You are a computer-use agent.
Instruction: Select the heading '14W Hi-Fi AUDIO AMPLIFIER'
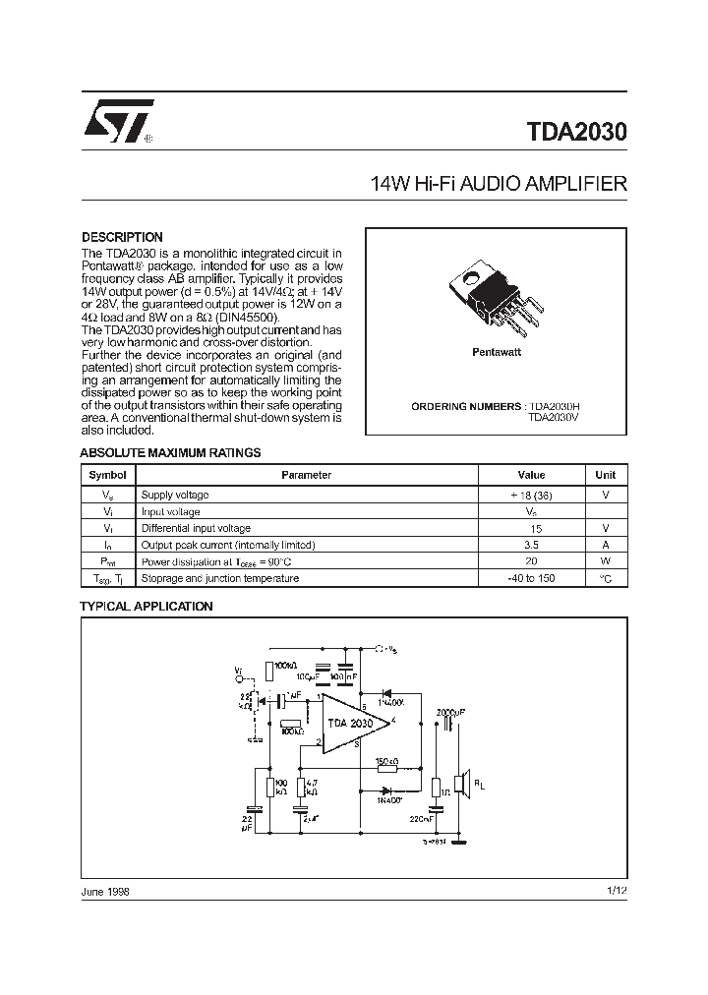pos(498,184)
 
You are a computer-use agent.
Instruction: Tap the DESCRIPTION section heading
pos(122,237)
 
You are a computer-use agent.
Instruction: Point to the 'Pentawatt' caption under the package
pos(497,351)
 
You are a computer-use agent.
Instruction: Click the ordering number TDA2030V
pos(555,417)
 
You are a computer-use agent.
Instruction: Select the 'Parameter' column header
pos(306,475)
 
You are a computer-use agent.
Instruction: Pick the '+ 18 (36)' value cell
pos(531,496)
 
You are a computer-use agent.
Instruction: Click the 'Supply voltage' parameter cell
pos(175,496)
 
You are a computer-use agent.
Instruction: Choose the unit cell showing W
pos(606,561)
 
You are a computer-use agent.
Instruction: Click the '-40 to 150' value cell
pos(531,578)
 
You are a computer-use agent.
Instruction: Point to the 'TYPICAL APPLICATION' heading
pos(146,607)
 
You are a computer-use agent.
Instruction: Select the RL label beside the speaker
pos(480,784)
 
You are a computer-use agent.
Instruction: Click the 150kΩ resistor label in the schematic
pos(386,762)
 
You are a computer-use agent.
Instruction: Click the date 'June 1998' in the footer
pos(104,891)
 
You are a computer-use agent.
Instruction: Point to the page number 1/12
pos(617,891)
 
